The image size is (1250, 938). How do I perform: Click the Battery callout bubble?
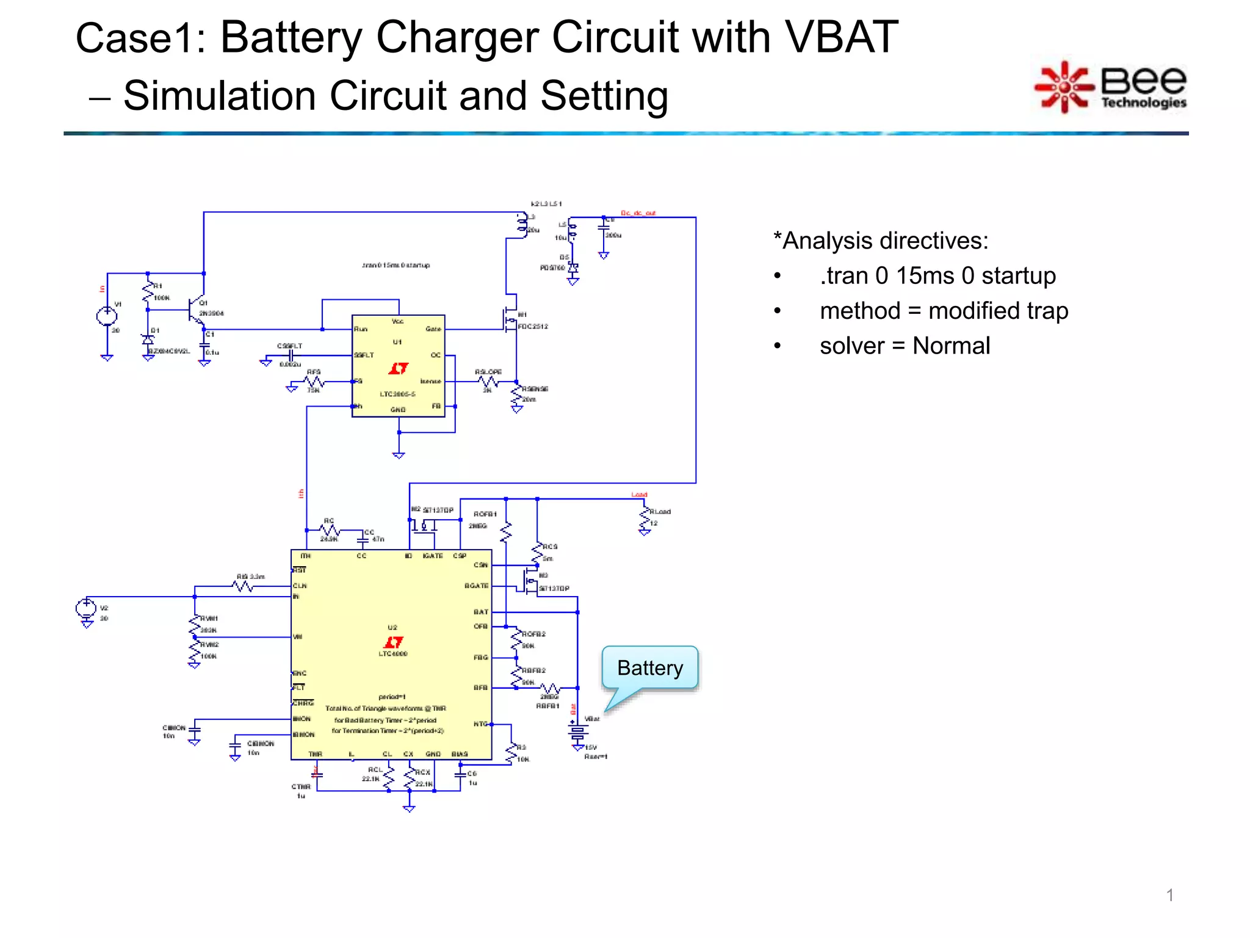click(x=649, y=667)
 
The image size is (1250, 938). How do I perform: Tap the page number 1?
click(x=1169, y=895)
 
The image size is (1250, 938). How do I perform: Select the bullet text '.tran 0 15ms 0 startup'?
click(x=937, y=276)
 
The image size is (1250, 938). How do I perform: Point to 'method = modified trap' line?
click(x=944, y=311)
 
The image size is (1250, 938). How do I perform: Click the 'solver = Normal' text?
click(x=905, y=346)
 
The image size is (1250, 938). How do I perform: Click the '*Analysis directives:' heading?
click(x=880, y=241)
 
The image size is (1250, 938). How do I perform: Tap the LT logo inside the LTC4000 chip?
click(x=393, y=642)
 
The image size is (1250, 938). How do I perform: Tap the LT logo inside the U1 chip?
click(x=398, y=368)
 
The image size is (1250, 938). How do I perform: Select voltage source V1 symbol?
click(x=107, y=316)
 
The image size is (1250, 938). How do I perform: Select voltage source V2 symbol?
click(x=86, y=608)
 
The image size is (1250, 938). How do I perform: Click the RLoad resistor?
click(x=645, y=519)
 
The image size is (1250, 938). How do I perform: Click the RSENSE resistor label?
click(x=535, y=389)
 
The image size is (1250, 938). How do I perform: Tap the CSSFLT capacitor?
click(x=291, y=355)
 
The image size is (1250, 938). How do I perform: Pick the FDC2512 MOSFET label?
click(x=533, y=327)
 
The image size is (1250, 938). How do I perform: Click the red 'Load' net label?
click(x=639, y=495)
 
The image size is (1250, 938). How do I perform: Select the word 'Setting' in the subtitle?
click(x=604, y=96)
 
